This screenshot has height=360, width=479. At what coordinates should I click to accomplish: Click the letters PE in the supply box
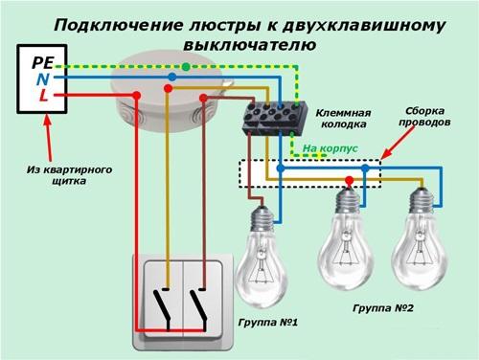coord(41,60)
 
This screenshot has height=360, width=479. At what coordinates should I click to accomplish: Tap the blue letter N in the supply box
coord(36,79)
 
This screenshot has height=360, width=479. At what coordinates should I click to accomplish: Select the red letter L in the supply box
coord(44,96)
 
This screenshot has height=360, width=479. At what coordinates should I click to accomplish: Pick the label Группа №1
coord(260,323)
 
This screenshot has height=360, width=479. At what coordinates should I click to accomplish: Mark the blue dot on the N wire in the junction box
coord(171,77)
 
